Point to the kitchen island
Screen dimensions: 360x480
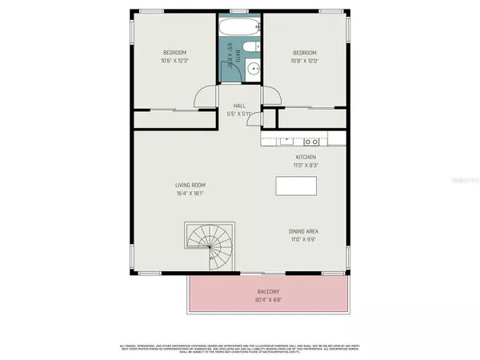pyautogui.click(x=296, y=186)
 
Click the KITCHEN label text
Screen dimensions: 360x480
pyautogui.click(x=306, y=157)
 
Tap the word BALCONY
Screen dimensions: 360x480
pyautogui.click(x=268, y=292)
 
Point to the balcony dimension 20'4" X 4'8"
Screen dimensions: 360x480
pyautogui.click(x=268, y=300)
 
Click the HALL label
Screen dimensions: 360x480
pyautogui.click(x=238, y=106)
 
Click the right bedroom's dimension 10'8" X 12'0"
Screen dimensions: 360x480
pyautogui.click(x=306, y=61)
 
